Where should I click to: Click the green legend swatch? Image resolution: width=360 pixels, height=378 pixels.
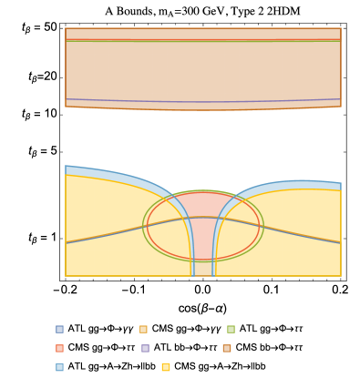pyautogui.click(x=231, y=329)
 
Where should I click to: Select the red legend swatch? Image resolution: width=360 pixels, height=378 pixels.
pyautogui.click(x=59, y=348)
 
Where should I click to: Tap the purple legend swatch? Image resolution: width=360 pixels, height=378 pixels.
pyautogui.click(x=145, y=348)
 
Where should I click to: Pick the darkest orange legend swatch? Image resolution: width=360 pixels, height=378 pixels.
pyautogui.click(x=227, y=348)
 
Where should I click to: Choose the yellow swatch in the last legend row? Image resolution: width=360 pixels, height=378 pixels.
pyautogui.click(x=165, y=367)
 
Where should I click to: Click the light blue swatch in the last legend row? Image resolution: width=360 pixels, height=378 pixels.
pyautogui.click(x=59, y=367)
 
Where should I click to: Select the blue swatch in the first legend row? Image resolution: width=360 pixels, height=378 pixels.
pyautogui.click(x=59, y=329)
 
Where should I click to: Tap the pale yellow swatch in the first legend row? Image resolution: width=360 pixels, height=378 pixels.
pyautogui.click(x=143, y=329)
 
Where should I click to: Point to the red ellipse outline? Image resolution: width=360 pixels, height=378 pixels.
pyautogui.click(x=149, y=226)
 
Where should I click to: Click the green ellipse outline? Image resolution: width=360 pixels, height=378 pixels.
pyautogui.click(x=144, y=226)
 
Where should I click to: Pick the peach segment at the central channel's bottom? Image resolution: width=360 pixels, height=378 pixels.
pyautogui.click(x=202, y=268)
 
